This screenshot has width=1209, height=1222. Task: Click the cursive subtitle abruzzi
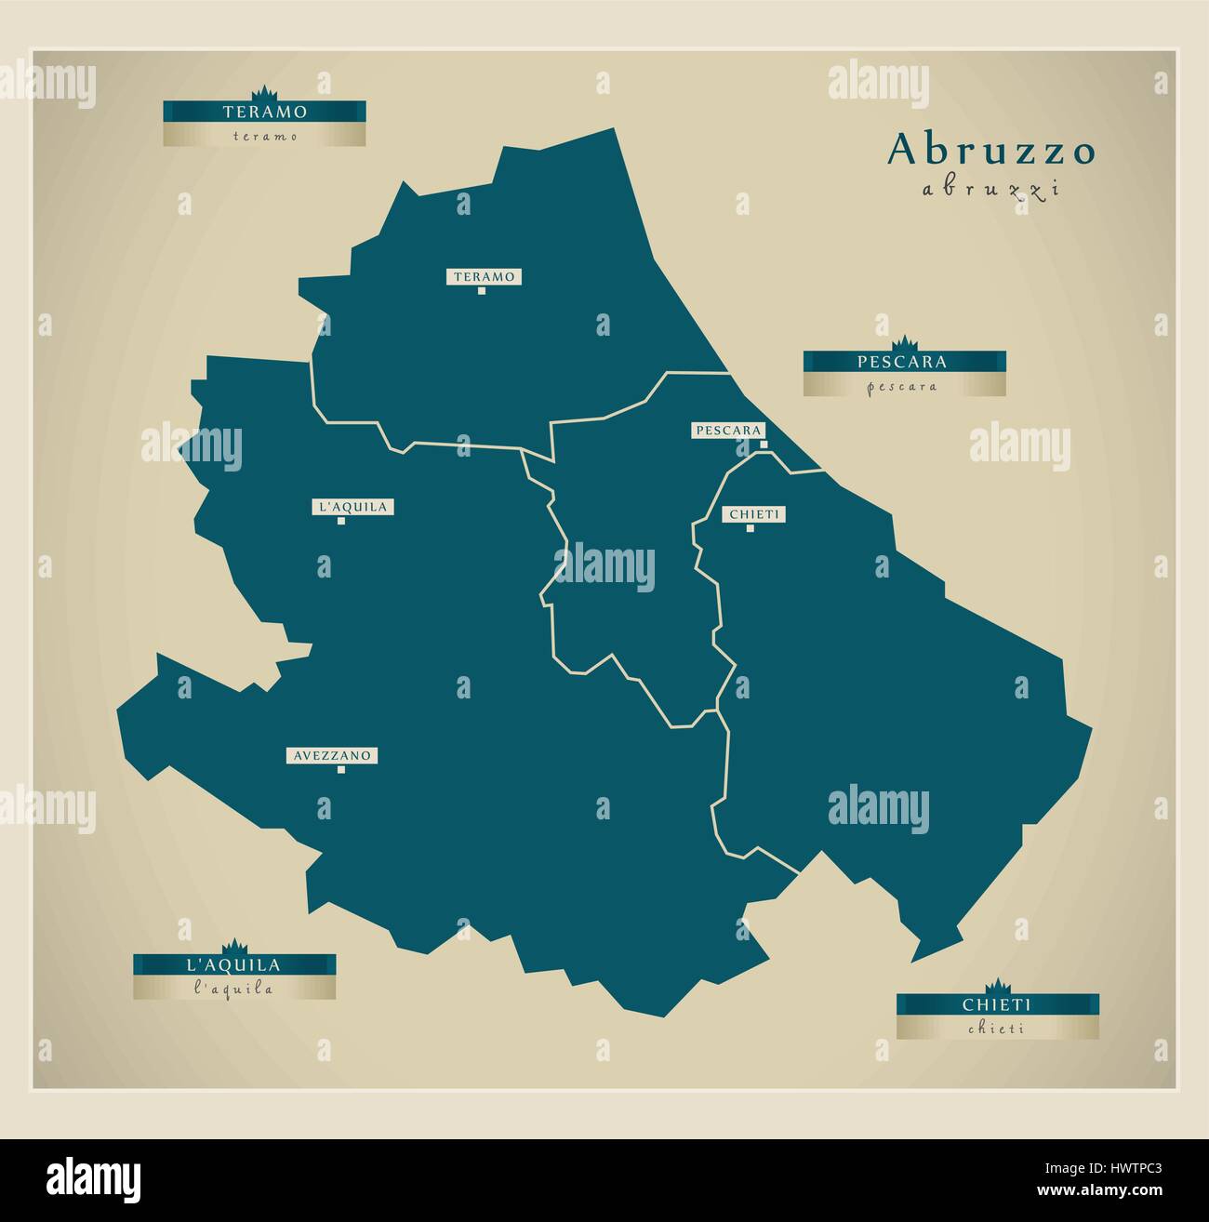pyautogui.click(x=991, y=190)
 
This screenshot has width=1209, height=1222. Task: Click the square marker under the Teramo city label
pyautogui.click(x=482, y=291)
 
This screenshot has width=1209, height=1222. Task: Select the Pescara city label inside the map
pyautogui.click(x=729, y=431)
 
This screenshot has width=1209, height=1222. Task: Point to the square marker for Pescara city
pyautogui.click(x=764, y=445)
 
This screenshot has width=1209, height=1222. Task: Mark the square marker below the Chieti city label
pyautogui.click(x=750, y=528)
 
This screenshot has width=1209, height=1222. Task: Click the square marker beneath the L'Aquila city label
pyautogui.click(x=341, y=522)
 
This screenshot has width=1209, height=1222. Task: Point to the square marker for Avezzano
pyautogui.click(x=341, y=770)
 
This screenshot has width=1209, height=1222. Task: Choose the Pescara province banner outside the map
pyautogui.click(x=904, y=361)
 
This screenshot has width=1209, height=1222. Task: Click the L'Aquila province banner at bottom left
pyautogui.click(x=233, y=964)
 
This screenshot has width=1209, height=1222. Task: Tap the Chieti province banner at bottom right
pyautogui.click(x=997, y=1004)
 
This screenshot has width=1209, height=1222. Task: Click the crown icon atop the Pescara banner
pyautogui.click(x=904, y=342)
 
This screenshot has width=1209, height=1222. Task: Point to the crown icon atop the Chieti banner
pyautogui.click(x=997, y=986)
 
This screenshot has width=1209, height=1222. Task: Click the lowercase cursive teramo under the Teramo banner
pyautogui.click(x=264, y=136)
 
